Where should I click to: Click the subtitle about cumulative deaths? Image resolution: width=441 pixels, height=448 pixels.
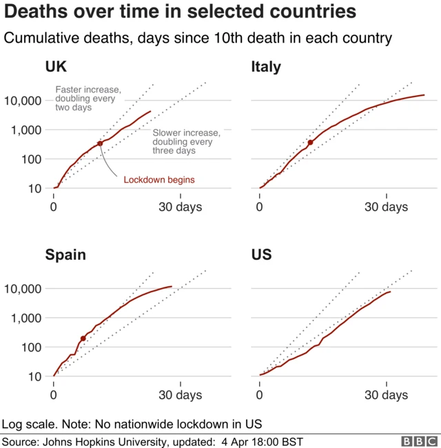[x=198, y=39]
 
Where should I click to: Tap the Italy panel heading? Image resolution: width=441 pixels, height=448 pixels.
[x=266, y=67]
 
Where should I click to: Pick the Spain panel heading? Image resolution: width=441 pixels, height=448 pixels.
[x=65, y=255]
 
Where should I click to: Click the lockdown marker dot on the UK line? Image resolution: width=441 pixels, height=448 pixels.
[x=100, y=143]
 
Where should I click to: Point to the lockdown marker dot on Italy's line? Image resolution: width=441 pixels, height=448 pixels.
[x=310, y=143]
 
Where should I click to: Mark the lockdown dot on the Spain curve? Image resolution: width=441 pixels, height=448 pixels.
[x=83, y=338]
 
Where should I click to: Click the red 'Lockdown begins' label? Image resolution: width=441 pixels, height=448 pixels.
[x=159, y=180]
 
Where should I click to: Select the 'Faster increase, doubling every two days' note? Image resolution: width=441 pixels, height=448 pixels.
[x=88, y=99]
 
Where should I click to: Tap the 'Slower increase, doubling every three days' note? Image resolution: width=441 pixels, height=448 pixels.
[x=186, y=141]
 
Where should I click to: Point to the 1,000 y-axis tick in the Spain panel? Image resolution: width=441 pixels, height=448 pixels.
[x=25, y=318]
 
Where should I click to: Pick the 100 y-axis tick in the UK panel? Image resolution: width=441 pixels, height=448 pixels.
[x=30, y=159]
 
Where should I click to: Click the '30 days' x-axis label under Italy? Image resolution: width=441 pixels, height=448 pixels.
[x=386, y=207]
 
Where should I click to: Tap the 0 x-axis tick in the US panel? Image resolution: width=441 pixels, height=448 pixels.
[x=260, y=395]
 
